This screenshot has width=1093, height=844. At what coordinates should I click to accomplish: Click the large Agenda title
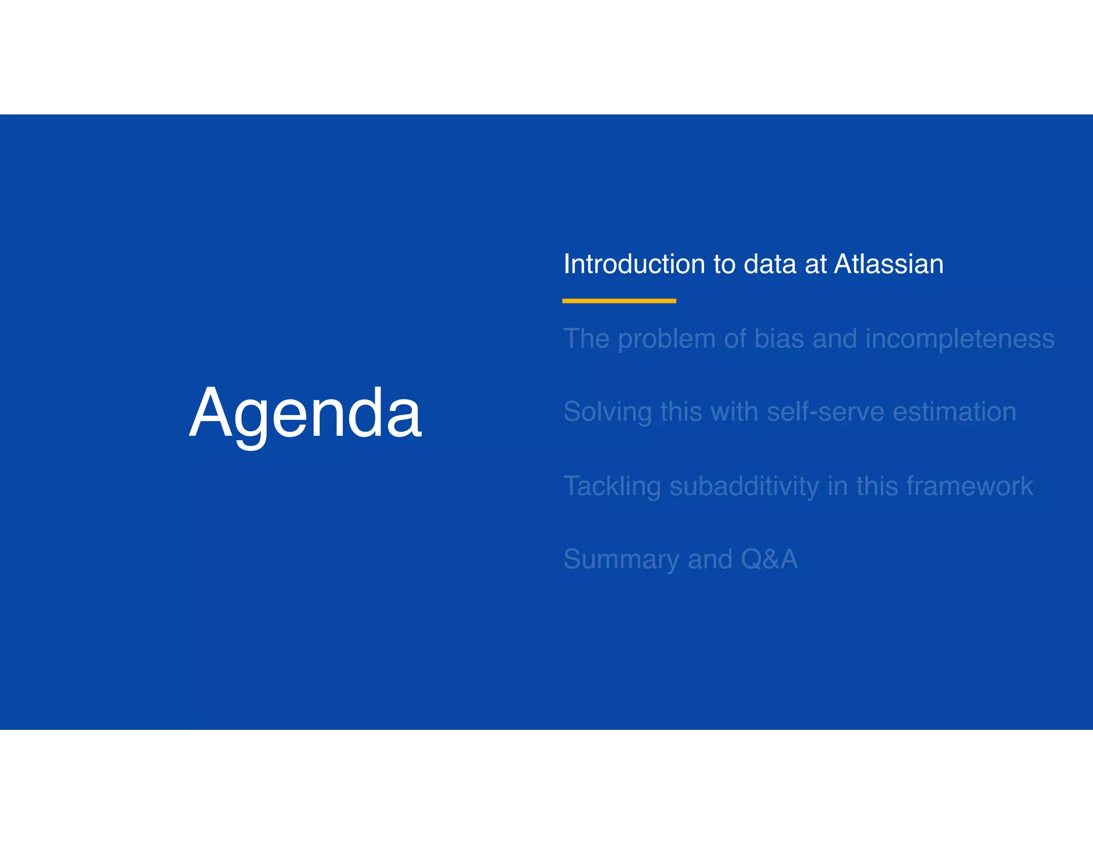tap(305, 413)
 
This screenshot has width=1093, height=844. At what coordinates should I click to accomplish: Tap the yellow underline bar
tap(619, 301)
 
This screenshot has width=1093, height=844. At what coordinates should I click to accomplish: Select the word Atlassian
tap(889, 264)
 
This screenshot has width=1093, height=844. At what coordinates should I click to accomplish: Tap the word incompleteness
tap(960, 339)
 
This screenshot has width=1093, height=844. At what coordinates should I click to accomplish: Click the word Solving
tap(607, 412)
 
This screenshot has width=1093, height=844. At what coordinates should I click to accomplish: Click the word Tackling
tap(612, 487)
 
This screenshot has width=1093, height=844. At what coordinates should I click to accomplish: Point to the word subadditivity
tap(744, 486)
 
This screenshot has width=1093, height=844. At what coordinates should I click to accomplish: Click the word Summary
tap(621, 560)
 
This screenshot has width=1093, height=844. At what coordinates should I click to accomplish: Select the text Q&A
tap(769, 559)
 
